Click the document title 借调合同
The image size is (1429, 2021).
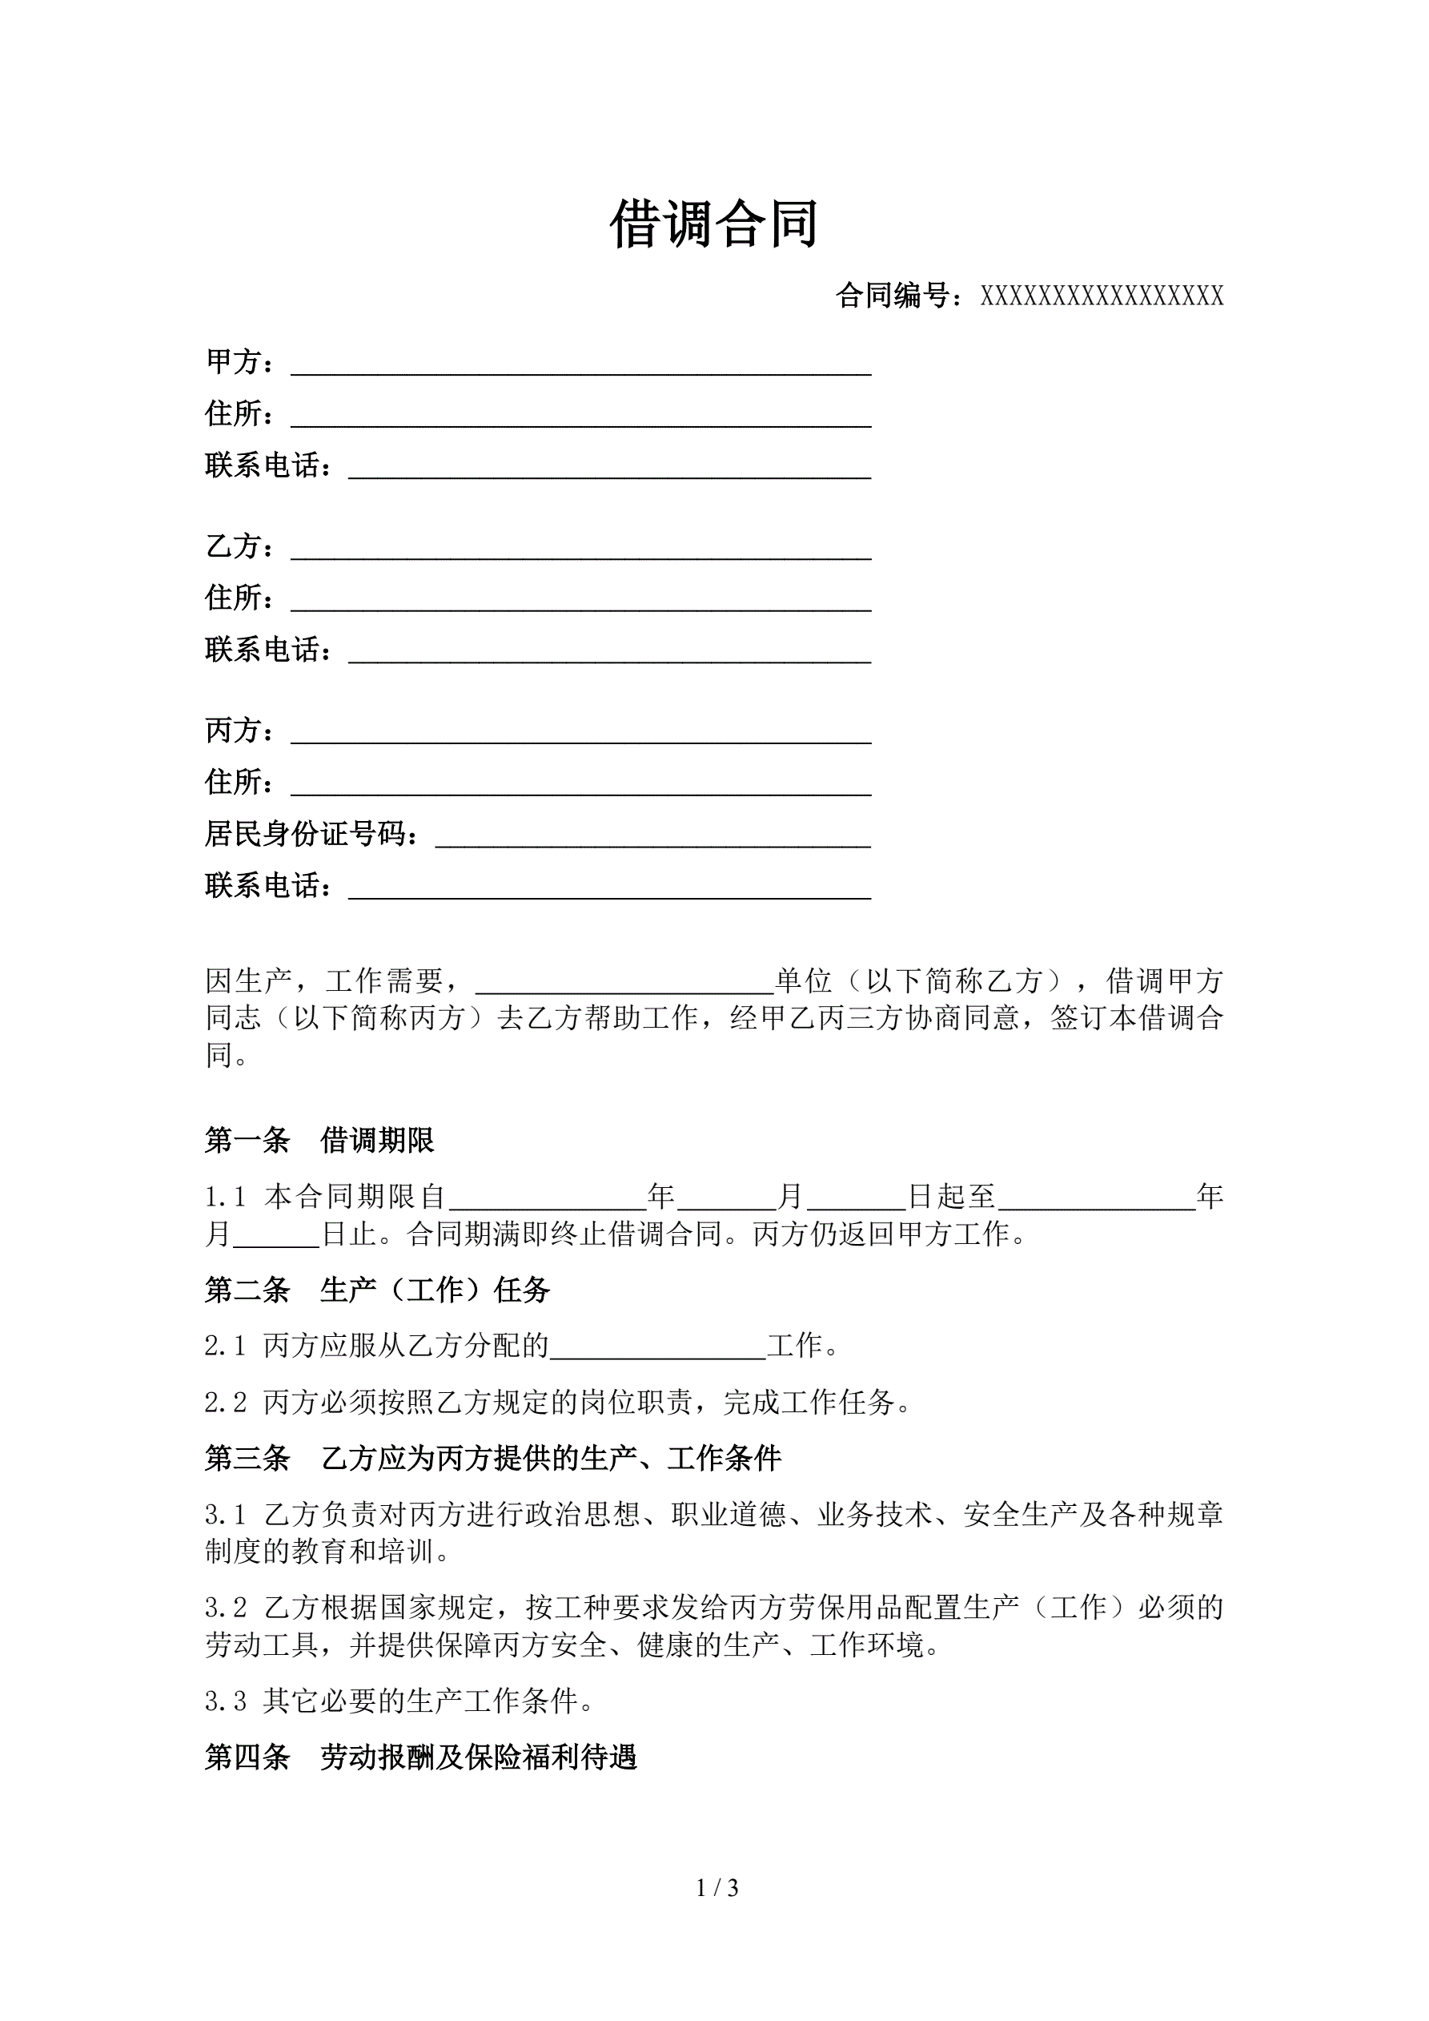tap(713, 224)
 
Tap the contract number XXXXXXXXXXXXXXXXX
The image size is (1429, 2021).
tap(1102, 296)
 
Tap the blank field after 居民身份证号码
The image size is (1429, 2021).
tap(653, 837)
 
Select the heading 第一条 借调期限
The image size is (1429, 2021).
tap(319, 1141)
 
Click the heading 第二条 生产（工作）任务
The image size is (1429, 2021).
tap(378, 1290)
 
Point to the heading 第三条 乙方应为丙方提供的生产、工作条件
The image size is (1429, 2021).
tap(493, 1459)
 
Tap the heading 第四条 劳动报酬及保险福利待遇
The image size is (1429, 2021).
tap(420, 1757)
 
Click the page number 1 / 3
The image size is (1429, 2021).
tap(717, 1887)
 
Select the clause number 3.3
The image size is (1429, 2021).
tap(225, 1701)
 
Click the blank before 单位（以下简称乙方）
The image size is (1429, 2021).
tap(624, 983)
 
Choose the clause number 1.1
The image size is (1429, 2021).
tap(225, 1197)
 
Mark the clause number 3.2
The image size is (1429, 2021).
tap(225, 1608)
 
